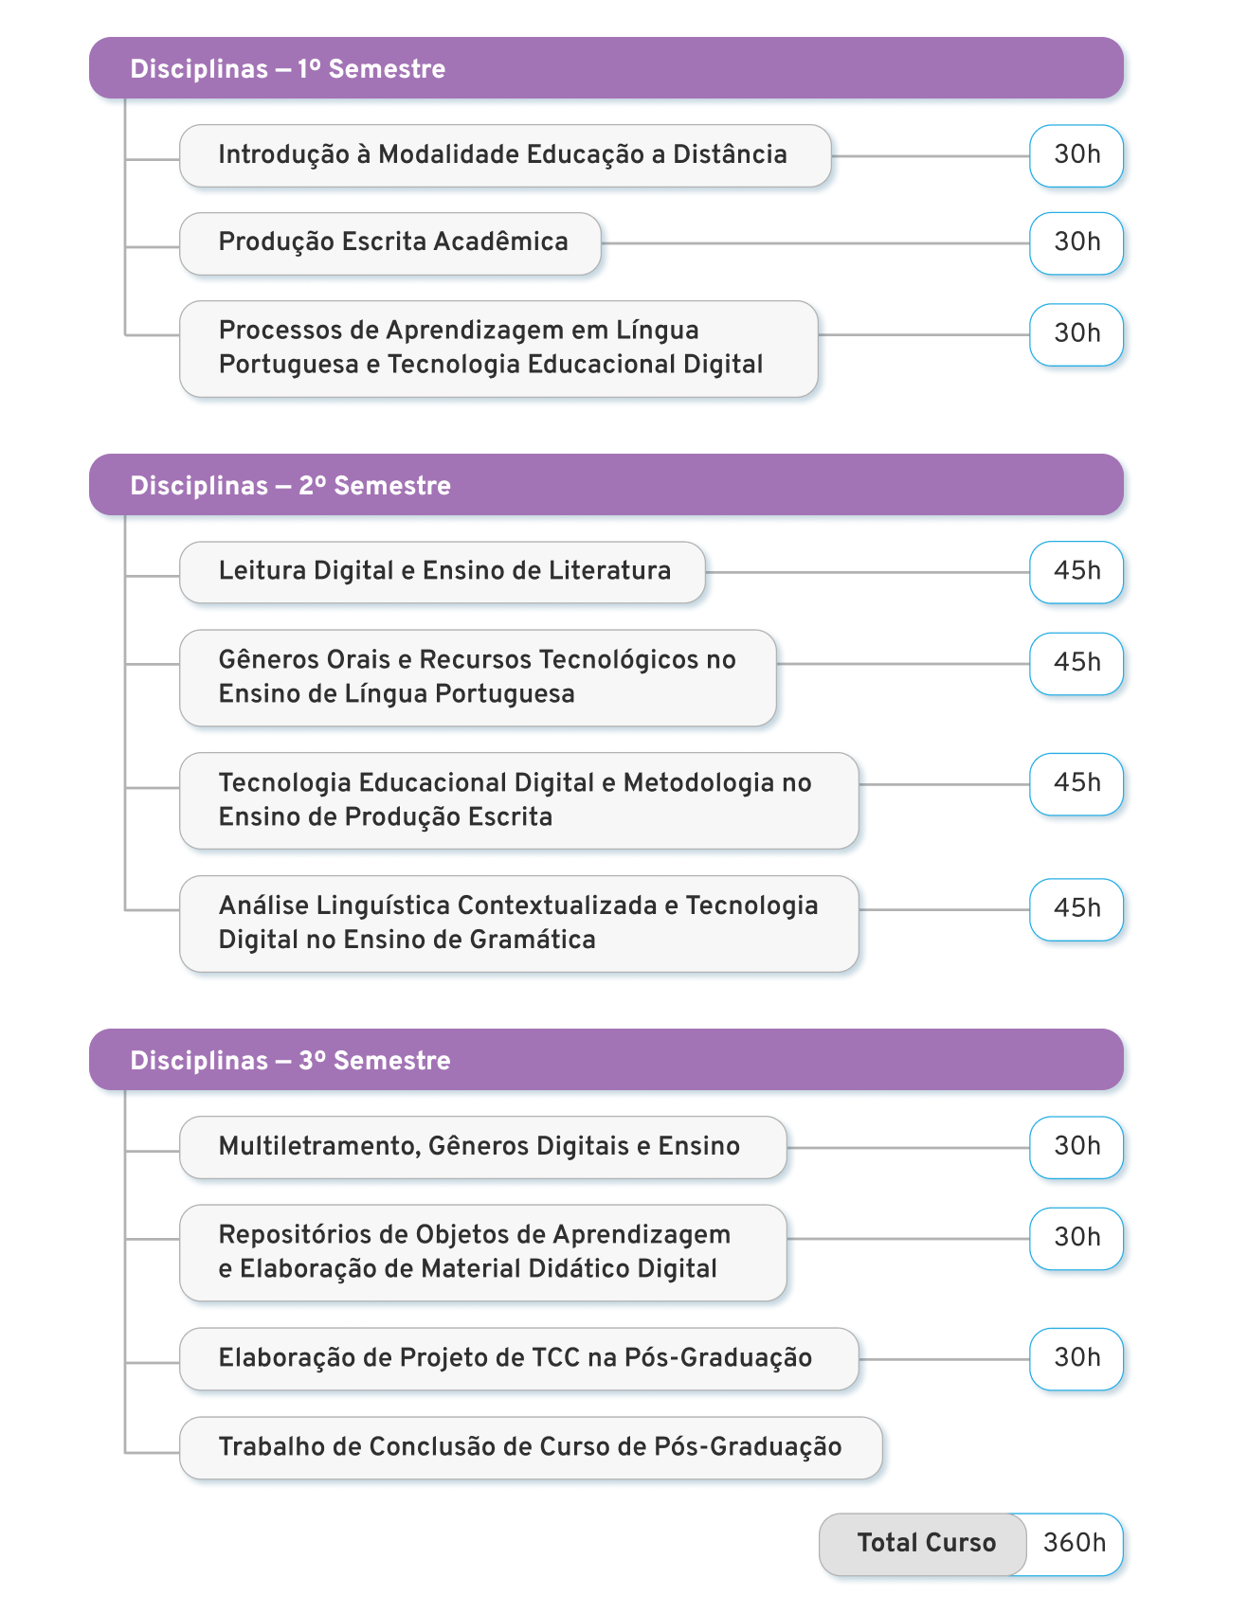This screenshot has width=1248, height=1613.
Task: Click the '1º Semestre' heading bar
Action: point(606,68)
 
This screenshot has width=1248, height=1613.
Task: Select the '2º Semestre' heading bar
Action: point(606,485)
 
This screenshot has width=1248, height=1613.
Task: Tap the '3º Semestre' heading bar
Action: point(606,1060)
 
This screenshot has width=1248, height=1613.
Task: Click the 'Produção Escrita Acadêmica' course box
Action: point(390,243)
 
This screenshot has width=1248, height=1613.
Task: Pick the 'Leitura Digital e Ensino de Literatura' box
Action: point(443,572)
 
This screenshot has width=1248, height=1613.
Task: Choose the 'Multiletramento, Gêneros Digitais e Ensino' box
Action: point(483,1147)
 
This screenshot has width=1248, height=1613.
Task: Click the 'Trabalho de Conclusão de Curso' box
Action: point(531,1447)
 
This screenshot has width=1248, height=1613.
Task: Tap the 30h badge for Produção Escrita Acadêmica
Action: point(1076,243)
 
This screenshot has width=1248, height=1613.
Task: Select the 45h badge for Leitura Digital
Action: point(1076,572)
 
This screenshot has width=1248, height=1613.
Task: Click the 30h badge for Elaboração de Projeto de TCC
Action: point(1076,1359)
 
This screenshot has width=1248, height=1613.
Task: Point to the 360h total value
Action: point(1075,1544)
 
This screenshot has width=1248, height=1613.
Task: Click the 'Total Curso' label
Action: point(927,1544)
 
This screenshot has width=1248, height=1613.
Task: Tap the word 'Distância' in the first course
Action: point(730,154)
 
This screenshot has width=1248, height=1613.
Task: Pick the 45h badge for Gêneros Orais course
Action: point(1076,664)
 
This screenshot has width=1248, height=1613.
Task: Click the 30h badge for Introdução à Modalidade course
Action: point(1076,156)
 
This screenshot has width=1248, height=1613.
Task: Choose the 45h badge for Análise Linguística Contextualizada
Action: point(1076,909)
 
